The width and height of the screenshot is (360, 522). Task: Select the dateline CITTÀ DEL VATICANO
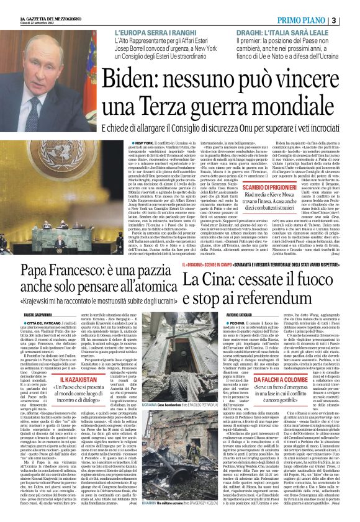click(45, 323)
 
